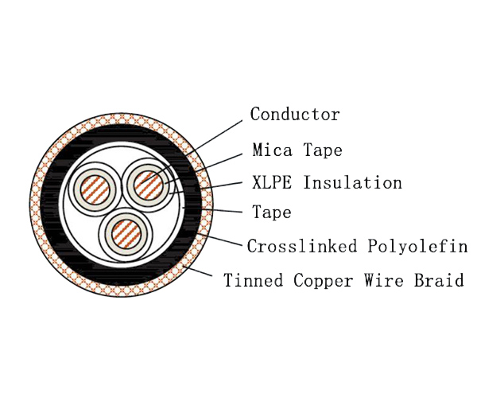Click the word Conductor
pyautogui.click(x=295, y=114)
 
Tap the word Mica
pyautogui.click(x=272, y=150)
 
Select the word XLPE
pyautogui.click(x=272, y=182)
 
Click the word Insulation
pyautogui.click(x=352, y=182)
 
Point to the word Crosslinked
pyautogui.click(x=302, y=246)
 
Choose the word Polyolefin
pyautogui.click(x=417, y=246)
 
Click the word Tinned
pyautogui.click(x=254, y=280)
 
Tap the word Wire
pyautogui.click(x=384, y=280)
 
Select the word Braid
pyautogui.click(x=439, y=280)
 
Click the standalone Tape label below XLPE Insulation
pyautogui.click(x=272, y=213)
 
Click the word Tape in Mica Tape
pyautogui.click(x=323, y=150)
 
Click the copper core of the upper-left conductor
pyautogui.click(x=95, y=189)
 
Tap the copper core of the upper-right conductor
pyautogui.click(x=148, y=185)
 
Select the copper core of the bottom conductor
pyautogui.click(x=126, y=234)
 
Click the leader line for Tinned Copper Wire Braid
pyautogui.click(x=197, y=271)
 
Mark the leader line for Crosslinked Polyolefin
pyautogui.click(x=220, y=239)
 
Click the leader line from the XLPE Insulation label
pyautogui.click(x=206, y=188)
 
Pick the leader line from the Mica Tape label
pyautogui.click(x=204, y=169)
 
